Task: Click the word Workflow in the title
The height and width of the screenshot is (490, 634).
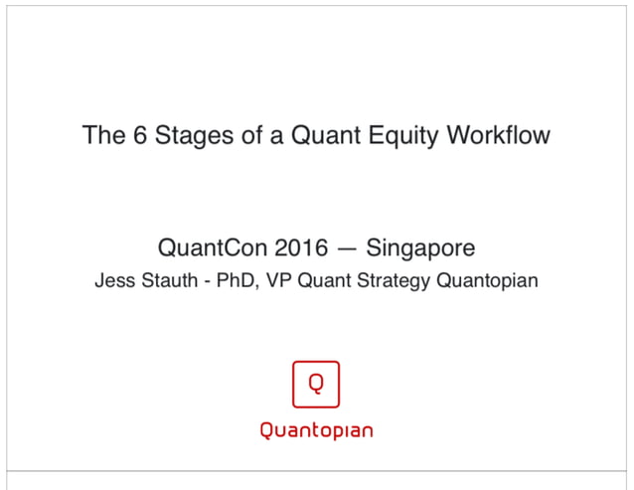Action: click(x=500, y=135)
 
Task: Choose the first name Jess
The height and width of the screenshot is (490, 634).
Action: click(x=113, y=280)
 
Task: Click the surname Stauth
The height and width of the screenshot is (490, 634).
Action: click(x=165, y=280)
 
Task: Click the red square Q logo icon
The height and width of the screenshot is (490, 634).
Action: click(x=316, y=384)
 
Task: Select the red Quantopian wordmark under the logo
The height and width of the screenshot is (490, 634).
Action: click(x=316, y=430)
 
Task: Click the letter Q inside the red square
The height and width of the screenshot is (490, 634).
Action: click(x=316, y=383)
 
